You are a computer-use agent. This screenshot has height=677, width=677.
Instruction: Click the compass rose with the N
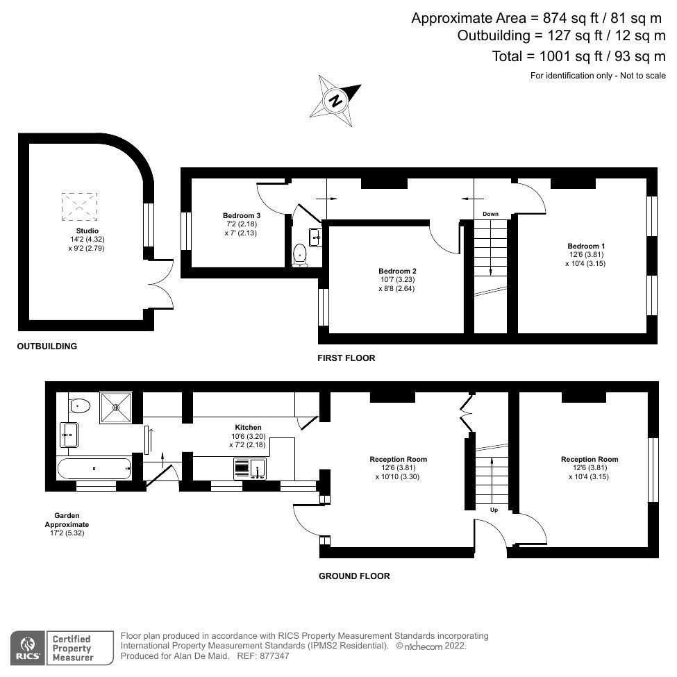coord(335,101)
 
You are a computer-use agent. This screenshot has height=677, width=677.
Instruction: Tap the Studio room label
coord(87,239)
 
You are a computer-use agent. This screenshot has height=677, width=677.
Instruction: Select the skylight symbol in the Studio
coord(79,207)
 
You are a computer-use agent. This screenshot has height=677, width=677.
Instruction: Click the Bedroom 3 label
coord(242,224)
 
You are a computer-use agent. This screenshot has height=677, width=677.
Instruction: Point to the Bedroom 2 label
coord(397,279)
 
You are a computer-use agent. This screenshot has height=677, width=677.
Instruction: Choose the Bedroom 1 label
coord(586,254)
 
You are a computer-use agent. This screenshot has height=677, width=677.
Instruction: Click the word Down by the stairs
coord(490,214)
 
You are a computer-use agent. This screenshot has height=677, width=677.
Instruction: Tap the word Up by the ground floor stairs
coord(494,510)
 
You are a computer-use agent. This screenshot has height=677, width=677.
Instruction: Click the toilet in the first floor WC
coord(300,254)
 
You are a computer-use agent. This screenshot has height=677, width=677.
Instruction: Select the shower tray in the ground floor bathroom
coord(116,407)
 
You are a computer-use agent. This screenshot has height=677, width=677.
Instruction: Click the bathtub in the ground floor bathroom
coord(94,469)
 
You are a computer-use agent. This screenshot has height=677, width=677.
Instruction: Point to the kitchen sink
coord(250,469)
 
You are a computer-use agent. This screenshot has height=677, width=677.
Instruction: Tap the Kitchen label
coord(248,435)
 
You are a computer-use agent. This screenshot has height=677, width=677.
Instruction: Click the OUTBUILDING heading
coord(47,346)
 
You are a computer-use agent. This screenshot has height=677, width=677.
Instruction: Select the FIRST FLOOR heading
coord(346,358)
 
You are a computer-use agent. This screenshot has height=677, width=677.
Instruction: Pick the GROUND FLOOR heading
coord(354,576)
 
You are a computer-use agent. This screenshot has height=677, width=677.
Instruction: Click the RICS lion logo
coord(28,647)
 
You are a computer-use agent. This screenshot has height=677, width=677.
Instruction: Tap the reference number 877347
coord(274,656)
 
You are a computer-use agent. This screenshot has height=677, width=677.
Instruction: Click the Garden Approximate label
coord(67,524)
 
